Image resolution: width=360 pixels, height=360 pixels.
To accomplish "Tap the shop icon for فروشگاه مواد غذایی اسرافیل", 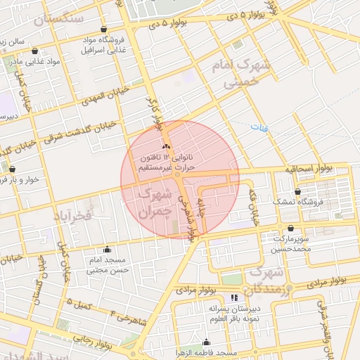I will coord(104,30).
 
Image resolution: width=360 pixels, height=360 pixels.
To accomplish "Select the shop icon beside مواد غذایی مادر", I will coord(34,51).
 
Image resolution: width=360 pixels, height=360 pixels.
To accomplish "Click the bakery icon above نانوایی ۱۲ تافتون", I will coord(167,146).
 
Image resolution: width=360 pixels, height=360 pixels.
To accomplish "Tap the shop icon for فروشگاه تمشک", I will coord(298,191).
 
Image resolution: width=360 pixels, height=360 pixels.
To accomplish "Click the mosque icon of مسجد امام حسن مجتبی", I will coord(107,249).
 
